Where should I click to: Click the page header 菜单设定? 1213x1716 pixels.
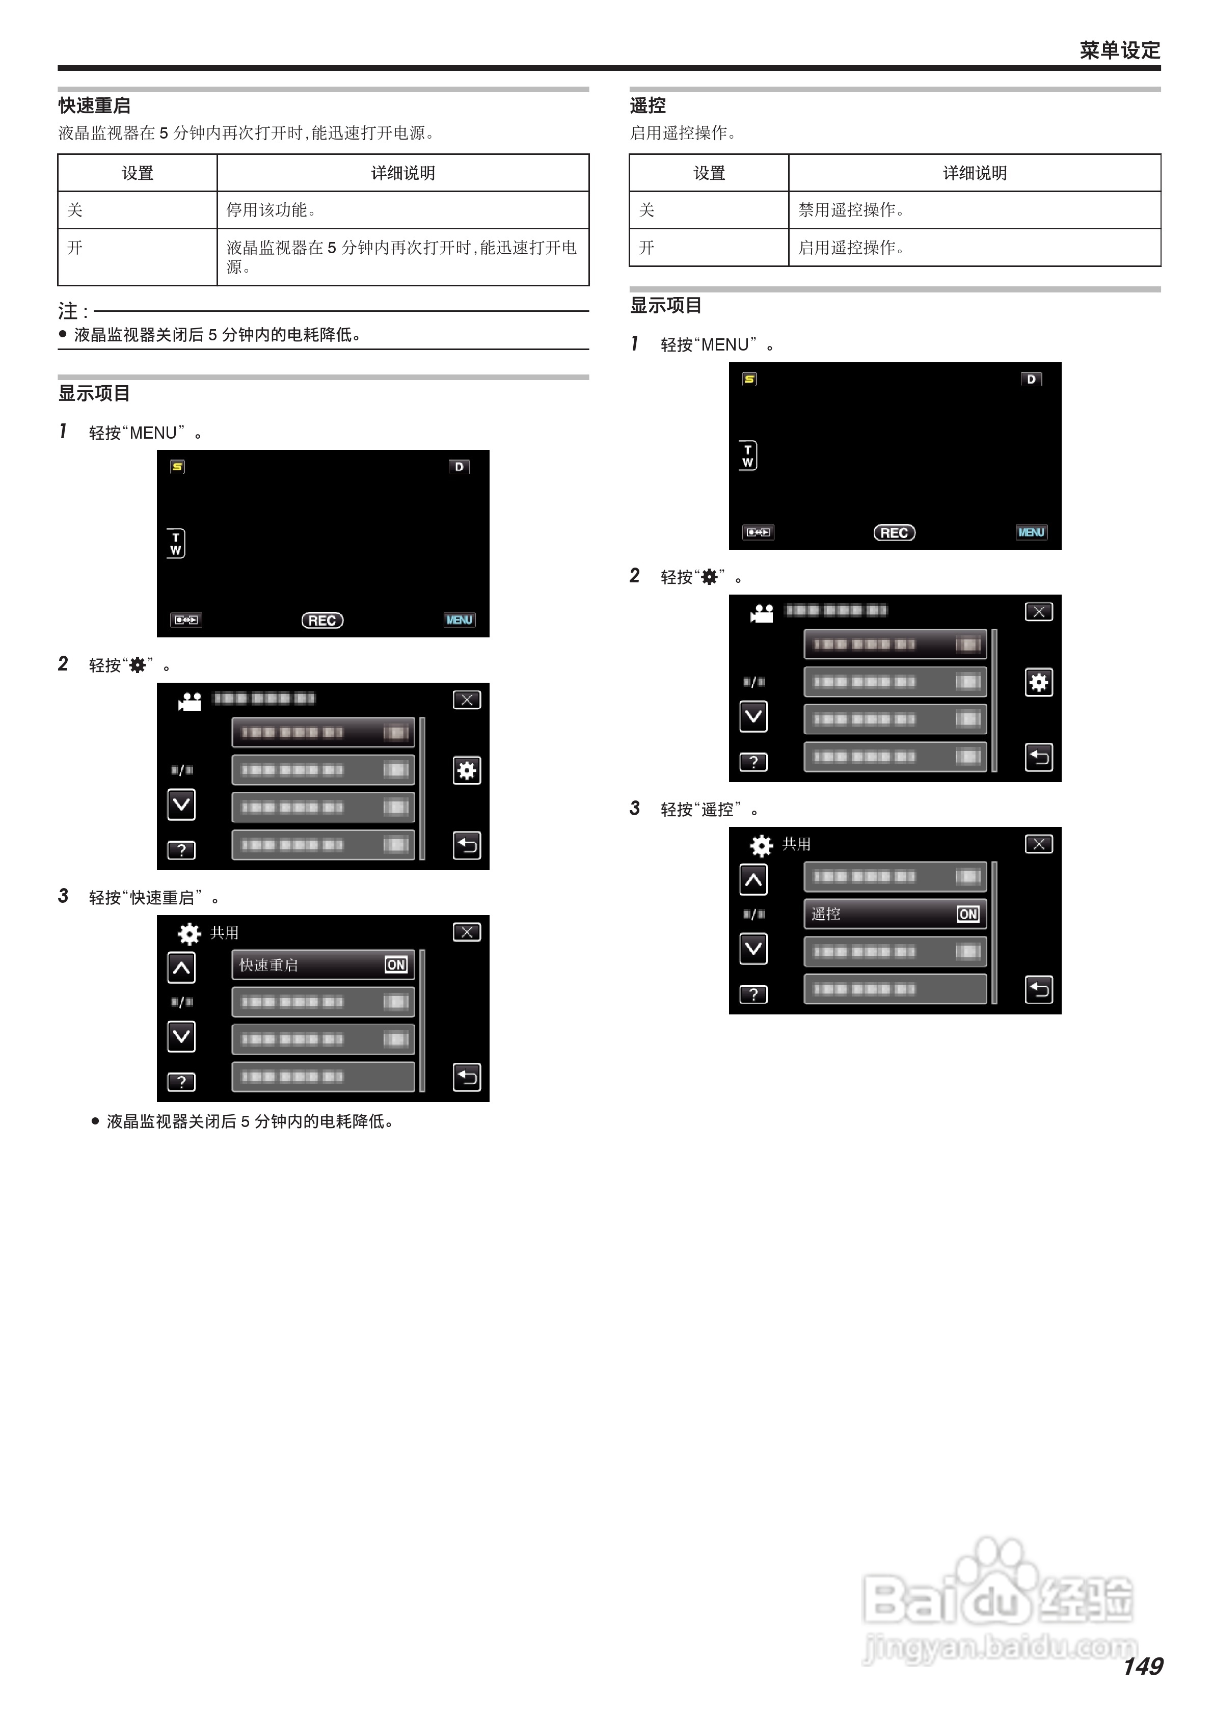[1119, 50]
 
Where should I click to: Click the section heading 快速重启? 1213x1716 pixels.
[94, 105]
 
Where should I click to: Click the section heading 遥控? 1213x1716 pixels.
[647, 105]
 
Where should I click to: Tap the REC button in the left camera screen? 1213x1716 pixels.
[322, 621]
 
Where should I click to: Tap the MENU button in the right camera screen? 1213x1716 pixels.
[1031, 532]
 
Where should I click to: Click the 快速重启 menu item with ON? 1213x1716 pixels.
[323, 965]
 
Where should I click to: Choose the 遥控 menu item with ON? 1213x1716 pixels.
[895, 914]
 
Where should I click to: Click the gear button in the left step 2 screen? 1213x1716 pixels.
[466, 770]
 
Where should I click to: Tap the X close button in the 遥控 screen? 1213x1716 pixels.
[1038, 844]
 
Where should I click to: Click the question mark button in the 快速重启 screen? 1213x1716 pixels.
[181, 1082]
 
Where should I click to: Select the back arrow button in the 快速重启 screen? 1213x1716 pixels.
[466, 1077]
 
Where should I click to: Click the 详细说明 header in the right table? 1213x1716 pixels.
[974, 173]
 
